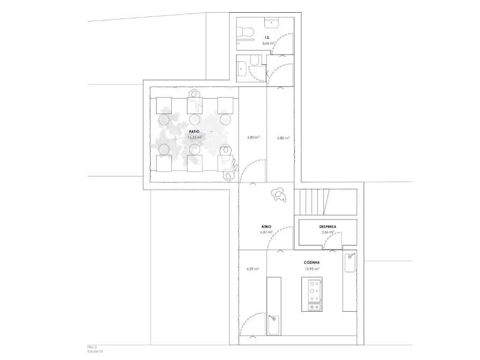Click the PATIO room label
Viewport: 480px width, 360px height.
tap(195, 132)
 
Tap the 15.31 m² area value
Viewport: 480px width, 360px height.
tap(195, 138)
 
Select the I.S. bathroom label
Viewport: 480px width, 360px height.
tap(267, 37)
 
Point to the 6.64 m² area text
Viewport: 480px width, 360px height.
tap(268, 43)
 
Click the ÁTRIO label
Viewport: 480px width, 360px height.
tap(266, 226)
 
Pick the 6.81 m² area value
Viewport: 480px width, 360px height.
tap(266, 232)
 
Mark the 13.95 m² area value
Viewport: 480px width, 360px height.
tap(312, 269)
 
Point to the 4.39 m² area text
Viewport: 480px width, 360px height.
tap(253, 269)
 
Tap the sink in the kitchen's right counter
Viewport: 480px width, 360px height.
tap(350, 262)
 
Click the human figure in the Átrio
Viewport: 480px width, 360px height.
tap(279, 194)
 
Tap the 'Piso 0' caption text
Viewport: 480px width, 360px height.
tap(92, 347)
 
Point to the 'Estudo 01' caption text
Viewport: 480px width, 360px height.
tap(95, 351)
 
